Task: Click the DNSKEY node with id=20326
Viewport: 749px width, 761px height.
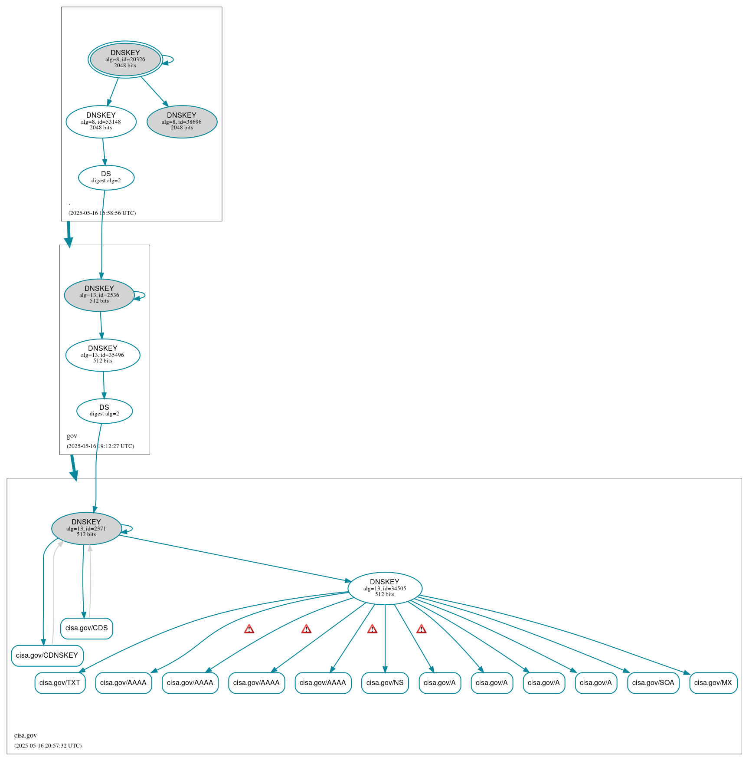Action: (125, 59)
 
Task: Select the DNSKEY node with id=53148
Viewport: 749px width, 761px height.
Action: (101, 122)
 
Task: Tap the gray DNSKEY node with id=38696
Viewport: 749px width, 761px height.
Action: (182, 122)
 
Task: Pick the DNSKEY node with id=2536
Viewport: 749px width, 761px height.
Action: (99, 295)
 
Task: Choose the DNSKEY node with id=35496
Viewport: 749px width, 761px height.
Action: (103, 355)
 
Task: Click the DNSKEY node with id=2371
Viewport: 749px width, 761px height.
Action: (86, 529)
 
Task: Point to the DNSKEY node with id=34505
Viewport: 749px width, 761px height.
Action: (385, 589)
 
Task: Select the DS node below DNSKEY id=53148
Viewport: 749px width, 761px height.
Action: (106, 178)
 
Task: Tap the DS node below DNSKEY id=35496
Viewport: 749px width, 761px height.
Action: (105, 411)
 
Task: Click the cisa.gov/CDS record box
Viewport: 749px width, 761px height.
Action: (87, 629)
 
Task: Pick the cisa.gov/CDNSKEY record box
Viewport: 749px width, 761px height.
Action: (47, 656)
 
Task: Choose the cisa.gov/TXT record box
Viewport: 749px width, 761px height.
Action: (60, 683)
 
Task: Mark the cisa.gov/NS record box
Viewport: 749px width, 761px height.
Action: (385, 683)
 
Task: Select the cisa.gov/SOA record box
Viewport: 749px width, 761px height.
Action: (653, 683)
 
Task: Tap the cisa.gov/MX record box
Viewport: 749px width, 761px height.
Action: (713, 683)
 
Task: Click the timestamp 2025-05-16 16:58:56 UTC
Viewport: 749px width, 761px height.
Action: (102, 213)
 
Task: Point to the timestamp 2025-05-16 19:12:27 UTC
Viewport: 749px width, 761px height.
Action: (100, 446)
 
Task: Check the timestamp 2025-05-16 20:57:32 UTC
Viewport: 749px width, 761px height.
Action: (48, 746)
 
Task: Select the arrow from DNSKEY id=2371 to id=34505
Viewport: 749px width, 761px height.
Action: (234, 558)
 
